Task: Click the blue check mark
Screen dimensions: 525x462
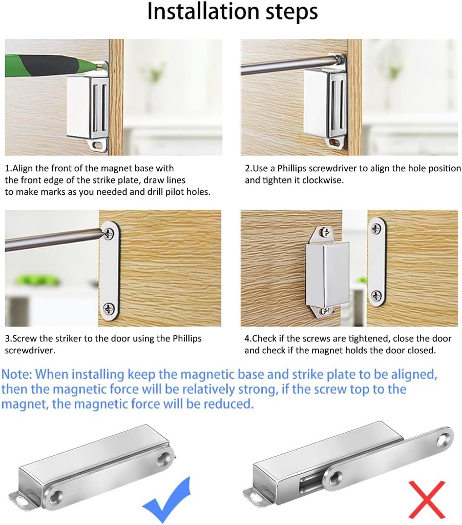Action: tap(166, 500)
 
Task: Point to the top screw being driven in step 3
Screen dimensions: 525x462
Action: tap(109, 233)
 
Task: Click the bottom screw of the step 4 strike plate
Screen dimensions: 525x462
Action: tap(376, 296)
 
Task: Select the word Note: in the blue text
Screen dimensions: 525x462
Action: tap(16, 374)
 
